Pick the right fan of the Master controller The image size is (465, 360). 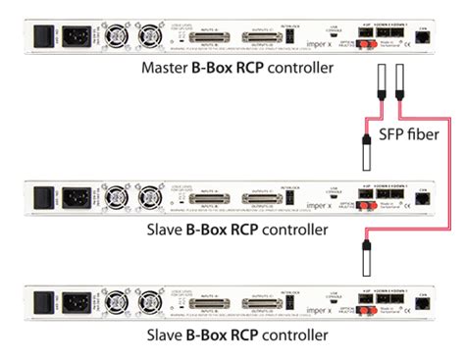(x=150, y=35)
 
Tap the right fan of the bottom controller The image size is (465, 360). (x=150, y=298)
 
